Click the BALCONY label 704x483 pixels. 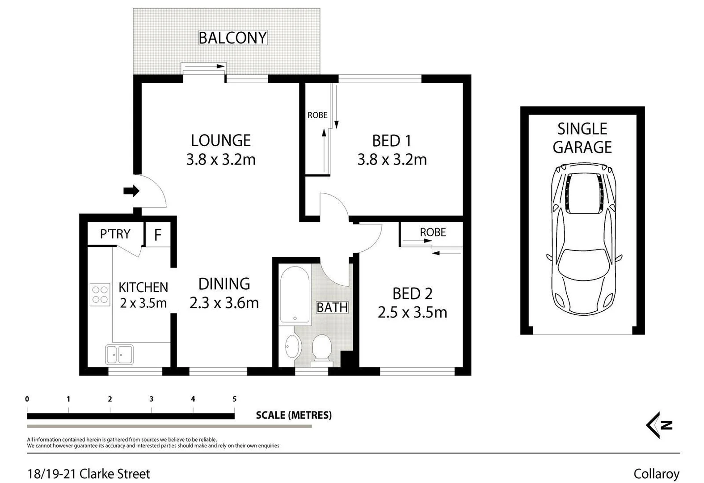point(232,38)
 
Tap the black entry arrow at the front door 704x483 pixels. point(131,191)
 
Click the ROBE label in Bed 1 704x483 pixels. point(317,115)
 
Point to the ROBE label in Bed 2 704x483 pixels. point(433,232)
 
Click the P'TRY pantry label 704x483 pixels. point(115,234)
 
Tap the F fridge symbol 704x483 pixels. point(157,235)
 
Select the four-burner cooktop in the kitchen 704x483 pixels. point(100,295)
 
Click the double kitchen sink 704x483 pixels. point(119,355)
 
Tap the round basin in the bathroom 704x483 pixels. point(293,347)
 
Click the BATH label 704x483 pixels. point(332,308)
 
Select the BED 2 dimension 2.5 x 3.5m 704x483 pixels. point(412,312)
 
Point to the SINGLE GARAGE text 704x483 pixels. point(582,138)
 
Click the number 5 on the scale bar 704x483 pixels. point(234,399)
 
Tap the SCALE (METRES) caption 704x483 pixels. point(294,415)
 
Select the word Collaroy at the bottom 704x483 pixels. point(656,474)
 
